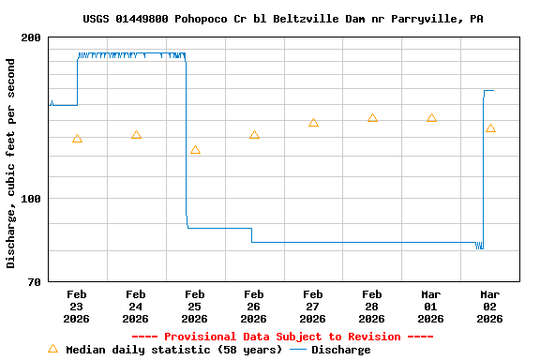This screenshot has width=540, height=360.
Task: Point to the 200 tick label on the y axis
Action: point(31,37)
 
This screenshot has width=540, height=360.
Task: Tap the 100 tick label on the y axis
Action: point(31,199)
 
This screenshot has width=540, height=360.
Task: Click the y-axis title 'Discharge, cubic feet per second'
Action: point(11,163)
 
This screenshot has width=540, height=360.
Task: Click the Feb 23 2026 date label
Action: point(77,306)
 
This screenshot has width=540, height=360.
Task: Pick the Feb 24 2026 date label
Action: point(136,306)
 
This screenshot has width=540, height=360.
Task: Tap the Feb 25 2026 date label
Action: point(195,306)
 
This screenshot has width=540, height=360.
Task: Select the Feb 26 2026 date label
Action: point(254,306)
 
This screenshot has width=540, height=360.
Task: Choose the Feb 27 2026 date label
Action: point(313,306)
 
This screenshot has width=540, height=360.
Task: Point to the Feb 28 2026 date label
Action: point(372,306)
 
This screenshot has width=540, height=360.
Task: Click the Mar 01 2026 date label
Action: point(431,306)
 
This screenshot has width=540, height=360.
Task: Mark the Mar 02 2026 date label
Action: point(490,306)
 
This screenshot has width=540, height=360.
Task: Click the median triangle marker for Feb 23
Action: point(77,139)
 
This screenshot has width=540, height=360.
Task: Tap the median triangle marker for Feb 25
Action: point(195,150)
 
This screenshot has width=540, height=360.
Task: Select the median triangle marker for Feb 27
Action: point(313,123)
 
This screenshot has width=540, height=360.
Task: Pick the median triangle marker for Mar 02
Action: point(490,128)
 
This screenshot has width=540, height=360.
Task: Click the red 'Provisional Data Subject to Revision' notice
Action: point(282,337)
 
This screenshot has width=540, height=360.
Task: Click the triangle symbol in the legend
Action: point(52,349)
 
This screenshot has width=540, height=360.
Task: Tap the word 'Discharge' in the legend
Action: point(340,350)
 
